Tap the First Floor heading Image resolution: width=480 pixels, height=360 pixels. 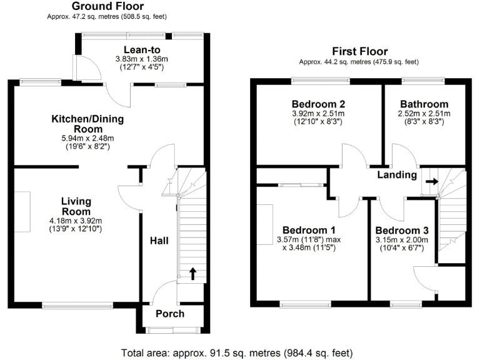pyautogui.click(x=359, y=52)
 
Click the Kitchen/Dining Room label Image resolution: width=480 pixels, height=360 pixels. pyautogui.click(x=87, y=123)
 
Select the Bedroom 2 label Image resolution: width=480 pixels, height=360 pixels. pyautogui.click(x=319, y=104)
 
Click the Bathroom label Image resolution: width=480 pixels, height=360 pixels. pyautogui.click(x=424, y=104)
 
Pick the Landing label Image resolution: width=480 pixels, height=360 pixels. pyautogui.click(x=397, y=175)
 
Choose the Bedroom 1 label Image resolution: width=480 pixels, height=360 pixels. pyautogui.click(x=309, y=229)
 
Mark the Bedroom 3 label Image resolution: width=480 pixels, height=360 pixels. pyautogui.click(x=401, y=229)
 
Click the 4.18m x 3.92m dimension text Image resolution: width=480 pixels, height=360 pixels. pyautogui.click(x=76, y=220)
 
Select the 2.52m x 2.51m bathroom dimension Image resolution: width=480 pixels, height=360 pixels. pyautogui.click(x=424, y=114)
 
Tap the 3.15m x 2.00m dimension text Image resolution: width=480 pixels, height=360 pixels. pyautogui.click(x=401, y=239)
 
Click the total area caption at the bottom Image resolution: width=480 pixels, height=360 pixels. pyautogui.click(x=240, y=351)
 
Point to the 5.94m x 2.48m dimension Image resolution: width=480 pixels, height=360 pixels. pyautogui.click(x=87, y=138)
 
